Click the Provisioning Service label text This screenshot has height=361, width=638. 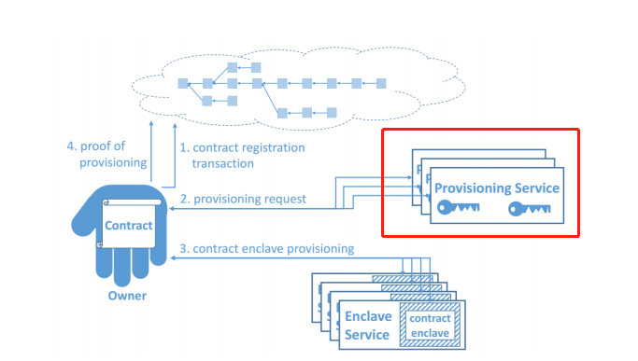point(496,188)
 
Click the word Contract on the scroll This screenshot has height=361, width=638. point(127,226)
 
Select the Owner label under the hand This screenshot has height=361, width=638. point(126,297)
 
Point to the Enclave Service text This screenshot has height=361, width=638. point(367,326)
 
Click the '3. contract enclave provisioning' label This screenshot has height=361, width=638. point(267,248)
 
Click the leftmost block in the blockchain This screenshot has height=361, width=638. point(183,84)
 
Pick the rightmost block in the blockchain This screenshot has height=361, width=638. point(380,84)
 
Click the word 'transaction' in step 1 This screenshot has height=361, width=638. point(222,163)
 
